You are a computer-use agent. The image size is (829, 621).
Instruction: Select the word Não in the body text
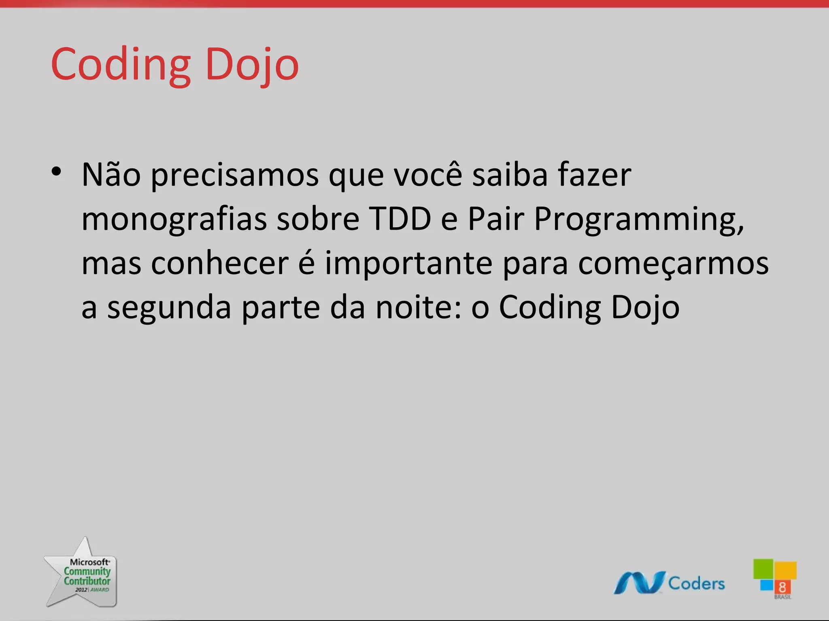pyautogui.click(x=111, y=175)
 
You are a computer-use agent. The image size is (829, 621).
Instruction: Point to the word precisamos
pyautogui.click(x=235, y=175)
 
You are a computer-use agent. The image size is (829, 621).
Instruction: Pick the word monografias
pyautogui.click(x=174, y=219)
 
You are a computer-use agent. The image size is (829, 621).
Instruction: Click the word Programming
pyautogui.click(x=639, y=220)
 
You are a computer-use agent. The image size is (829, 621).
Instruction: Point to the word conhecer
pyautogui.click(x=220, y=263)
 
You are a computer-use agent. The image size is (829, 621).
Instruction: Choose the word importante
pyautogui.click(x=408, y=263)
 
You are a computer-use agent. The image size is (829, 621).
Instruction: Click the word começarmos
pyautogui.click(x=673, y=264)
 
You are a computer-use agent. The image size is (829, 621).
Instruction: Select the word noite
pyautogui.click(x=419, y=307)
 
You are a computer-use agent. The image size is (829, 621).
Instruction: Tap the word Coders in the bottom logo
pyautogui.click(x=696, y=583)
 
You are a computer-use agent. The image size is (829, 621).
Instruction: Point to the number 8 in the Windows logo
pyautogui.click(x=782, y=587)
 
